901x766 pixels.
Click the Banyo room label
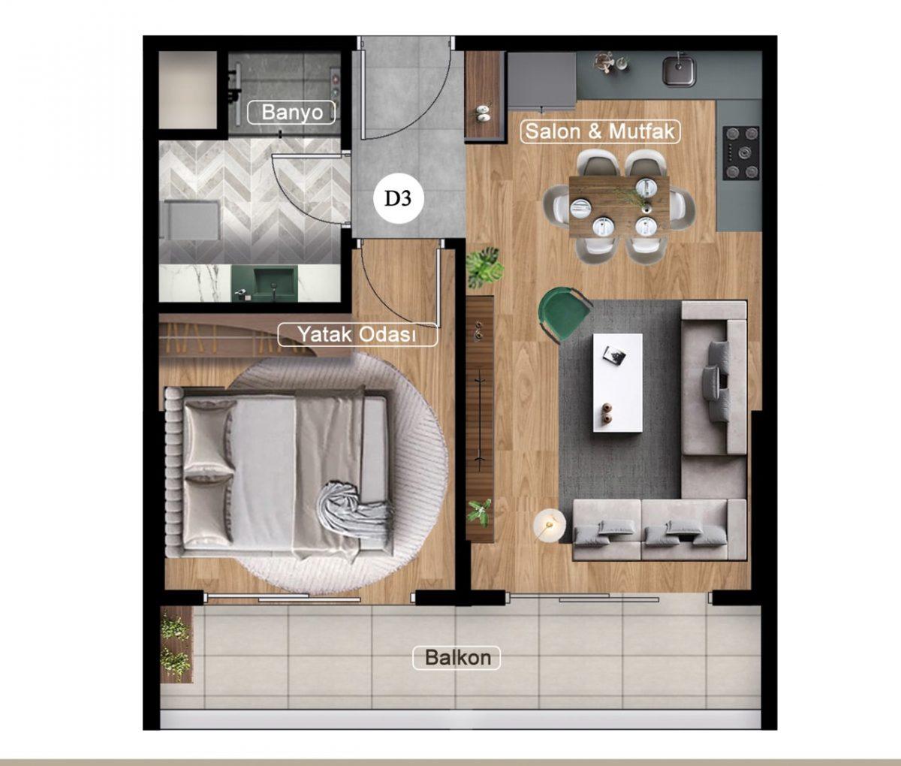[x=291, y=113]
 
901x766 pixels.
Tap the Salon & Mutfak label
[x=600, y=131]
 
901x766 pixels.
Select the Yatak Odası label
[x=357, y=334]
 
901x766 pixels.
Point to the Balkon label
[x=457, y=657]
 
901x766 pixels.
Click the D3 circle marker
[x=398, y=199]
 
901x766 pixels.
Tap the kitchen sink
[x=679, y=70]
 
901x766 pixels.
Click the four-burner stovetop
[x=741, y=153]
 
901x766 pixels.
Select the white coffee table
[x=618, y=383]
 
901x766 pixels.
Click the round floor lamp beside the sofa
[x=550, y=524]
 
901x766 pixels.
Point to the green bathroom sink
[x=264, y=283]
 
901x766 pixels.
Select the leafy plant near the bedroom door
[x=484, y=267]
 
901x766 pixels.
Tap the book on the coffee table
[x=615, y=354]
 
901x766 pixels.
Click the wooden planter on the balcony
[x=176, y=644]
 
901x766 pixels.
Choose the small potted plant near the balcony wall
[x=480, y=514]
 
